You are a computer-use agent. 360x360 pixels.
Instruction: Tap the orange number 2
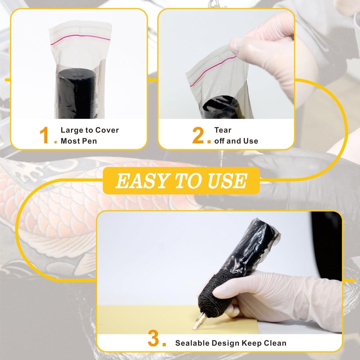click(x=198, y=136)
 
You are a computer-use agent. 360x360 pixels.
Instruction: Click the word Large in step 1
click(x=72, y=130)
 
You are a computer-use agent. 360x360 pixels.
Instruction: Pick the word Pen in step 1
click(x=90, y=141)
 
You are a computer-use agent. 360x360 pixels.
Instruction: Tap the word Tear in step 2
click(x=223, y=130)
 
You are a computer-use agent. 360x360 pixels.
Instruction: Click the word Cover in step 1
click(x=107, y=130)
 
